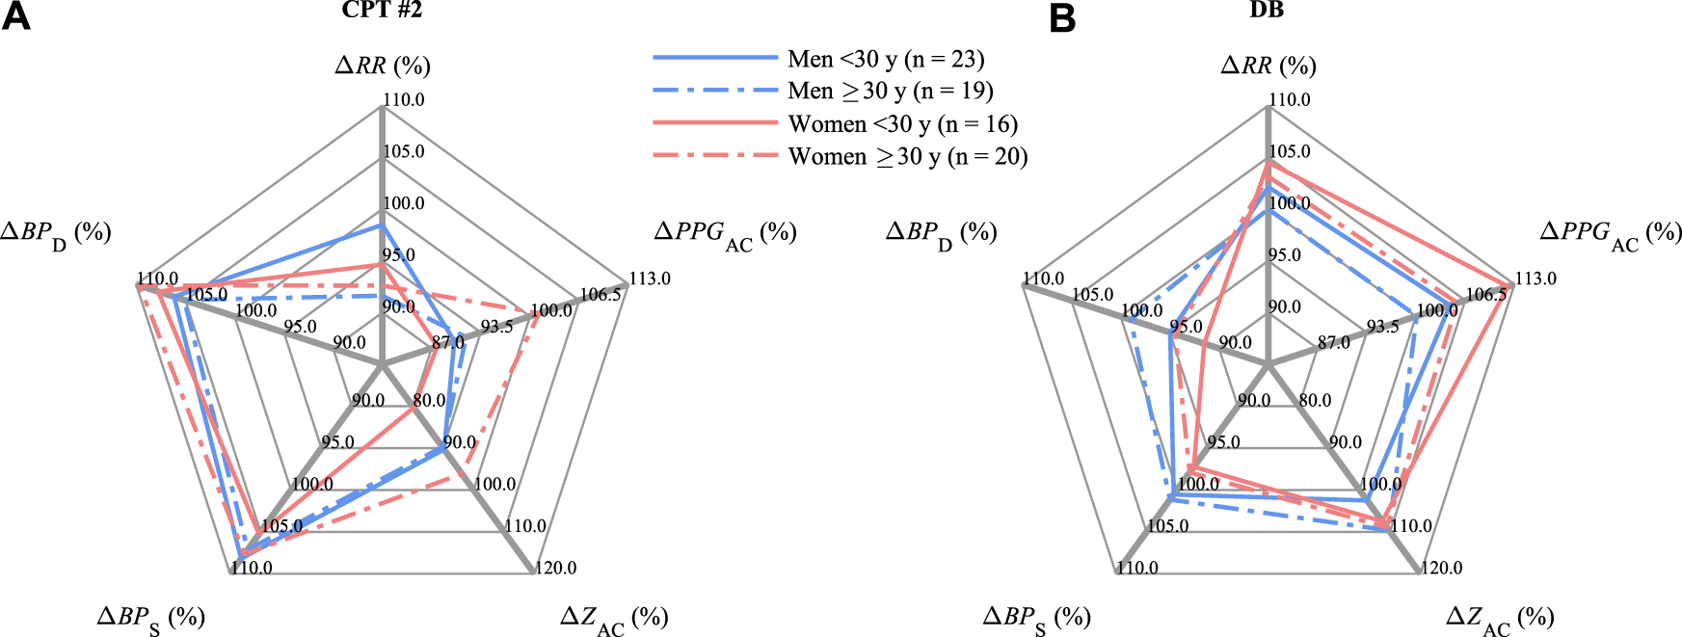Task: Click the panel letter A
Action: pos(15,16)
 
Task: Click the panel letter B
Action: pos(1061,17)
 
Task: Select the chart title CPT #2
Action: pos(382,11)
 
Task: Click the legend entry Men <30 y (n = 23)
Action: pos(885,60)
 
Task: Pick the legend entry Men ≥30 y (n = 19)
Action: pos(890,92)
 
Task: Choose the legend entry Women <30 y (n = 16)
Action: pos(902,124)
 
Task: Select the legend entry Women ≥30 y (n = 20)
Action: pos(907,156)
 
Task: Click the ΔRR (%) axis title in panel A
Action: pos(383,66)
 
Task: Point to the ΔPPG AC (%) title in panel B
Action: pos(1611,233)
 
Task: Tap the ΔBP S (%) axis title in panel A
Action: pos(150,618)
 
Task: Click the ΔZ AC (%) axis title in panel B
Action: pos(1500,618)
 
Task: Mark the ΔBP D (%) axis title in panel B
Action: pos(941,233)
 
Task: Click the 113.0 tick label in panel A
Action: pos(650,279)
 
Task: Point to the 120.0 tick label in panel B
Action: pos(1441,568)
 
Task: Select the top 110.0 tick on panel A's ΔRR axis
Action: pos(404,99)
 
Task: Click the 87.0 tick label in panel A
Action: pos(448,342)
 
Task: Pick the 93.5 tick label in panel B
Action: pos(1383,327)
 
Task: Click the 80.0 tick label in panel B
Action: pos(1315,400)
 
